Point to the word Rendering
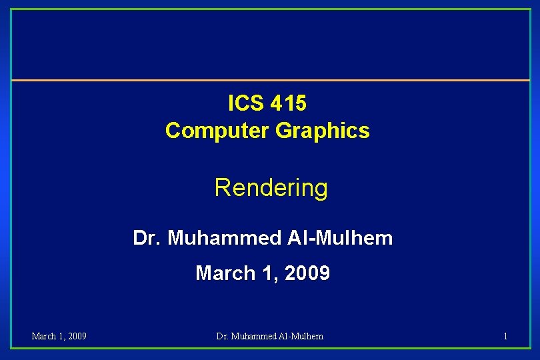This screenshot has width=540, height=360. pyautogui.click(x=271, y=188)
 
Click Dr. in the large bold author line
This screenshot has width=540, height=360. pyautogui.click(x=147, y=237)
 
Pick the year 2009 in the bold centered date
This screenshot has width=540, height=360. pyautogui.click(x=307, y=273)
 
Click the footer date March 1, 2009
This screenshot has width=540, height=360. pyautogui.click(x=59, y=336)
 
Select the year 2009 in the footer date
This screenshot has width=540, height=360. pyautogui.click(x=76, y=336)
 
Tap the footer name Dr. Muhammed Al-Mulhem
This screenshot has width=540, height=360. pyautogui.click(x=270, y=336)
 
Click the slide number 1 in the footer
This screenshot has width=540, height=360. pyautogui.click(x=505, y=336)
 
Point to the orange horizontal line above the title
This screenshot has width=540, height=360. pyautogui.click(x=270, y=81)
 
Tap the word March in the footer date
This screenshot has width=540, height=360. pyautogui.click(x=45, y=336)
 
